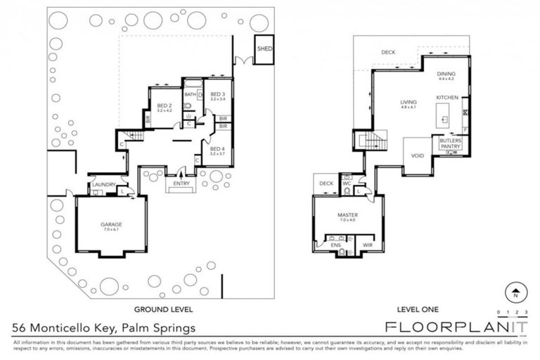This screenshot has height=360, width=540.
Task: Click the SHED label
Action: [264, 49]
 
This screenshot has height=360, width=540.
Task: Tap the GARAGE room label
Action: [111, 224]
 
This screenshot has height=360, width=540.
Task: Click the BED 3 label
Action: [217, 95]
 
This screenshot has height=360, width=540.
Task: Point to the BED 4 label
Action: [217, 149]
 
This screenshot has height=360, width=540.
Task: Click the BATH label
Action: [190, 94]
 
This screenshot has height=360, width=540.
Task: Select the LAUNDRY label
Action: [103, 186]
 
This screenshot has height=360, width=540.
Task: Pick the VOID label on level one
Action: [417, 155]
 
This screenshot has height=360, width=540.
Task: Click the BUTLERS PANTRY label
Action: [450, 143]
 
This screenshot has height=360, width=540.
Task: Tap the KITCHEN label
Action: [447, 97]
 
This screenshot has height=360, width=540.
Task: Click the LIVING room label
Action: [409, 102]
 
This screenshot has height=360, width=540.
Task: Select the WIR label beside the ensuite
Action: [367, 245]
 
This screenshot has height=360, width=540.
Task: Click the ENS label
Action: [336, 245]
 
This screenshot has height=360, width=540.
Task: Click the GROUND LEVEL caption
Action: [163, 309]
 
